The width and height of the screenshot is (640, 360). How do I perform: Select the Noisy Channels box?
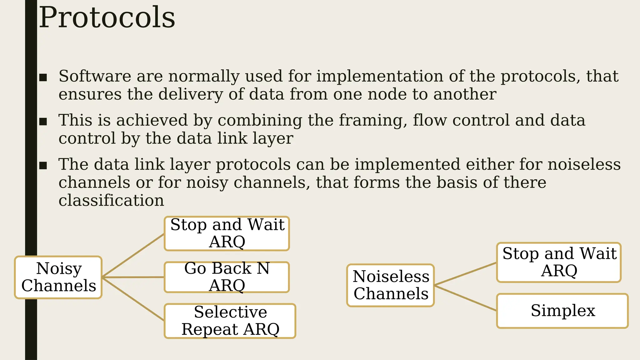click(58, 277)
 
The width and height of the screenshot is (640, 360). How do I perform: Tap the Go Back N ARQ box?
click(227, 277)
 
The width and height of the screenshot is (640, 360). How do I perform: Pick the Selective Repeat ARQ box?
click(230, 321)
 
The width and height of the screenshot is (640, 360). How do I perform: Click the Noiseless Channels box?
click(391, 285)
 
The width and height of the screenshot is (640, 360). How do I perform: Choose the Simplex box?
click(562, 311)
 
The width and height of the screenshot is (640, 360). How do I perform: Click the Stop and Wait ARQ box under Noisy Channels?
click(227, 233)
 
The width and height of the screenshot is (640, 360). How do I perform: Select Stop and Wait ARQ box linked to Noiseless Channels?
click(559, 262)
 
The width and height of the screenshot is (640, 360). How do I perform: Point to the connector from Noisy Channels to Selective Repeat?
click(133, 299)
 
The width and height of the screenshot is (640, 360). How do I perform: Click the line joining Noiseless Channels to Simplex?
click(466, 298)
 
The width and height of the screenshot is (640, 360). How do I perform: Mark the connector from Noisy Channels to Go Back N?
click(133, 277)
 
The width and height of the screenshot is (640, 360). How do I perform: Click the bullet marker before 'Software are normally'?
click(43, 77)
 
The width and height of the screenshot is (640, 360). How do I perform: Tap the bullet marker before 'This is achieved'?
click(43, 121)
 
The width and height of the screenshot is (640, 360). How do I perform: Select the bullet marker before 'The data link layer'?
click(43, 165)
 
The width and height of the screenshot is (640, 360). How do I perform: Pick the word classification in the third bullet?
click(111, 200)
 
